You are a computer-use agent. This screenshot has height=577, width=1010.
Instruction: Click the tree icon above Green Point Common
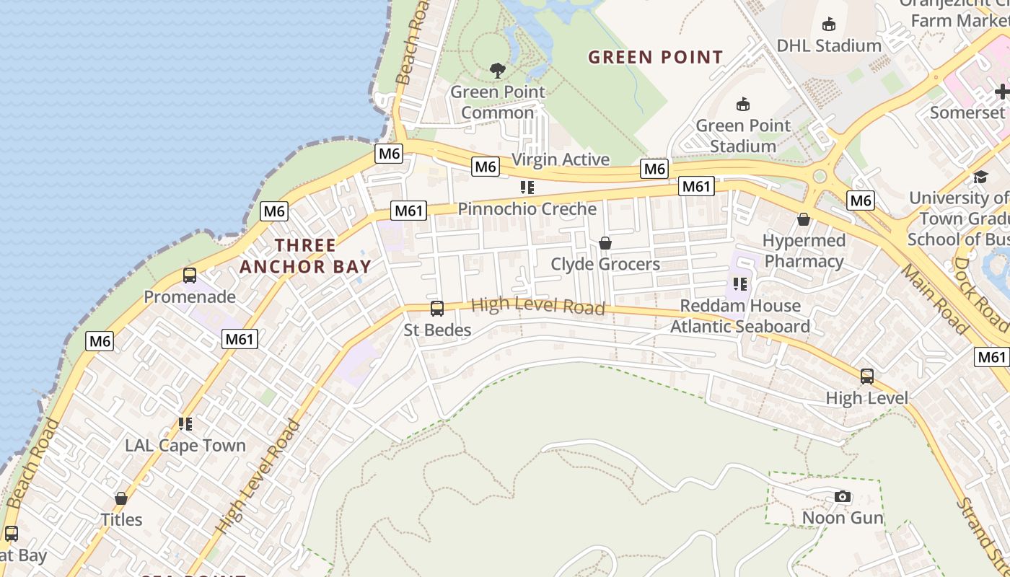pyautogui.click(x=497, y=70)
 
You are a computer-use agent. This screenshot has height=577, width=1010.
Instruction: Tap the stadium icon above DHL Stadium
pyautogui.click(x=828, y=24)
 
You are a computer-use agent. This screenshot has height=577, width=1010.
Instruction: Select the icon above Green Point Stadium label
pyautogui.click(x=742, y=104)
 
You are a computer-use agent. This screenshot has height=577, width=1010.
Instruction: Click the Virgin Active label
pyautogui.click(x=561, y=159)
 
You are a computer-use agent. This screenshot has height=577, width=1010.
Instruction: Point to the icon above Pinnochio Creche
pyautogui.click(x=527, y=188)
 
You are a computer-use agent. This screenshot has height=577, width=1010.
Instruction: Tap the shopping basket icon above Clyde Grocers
pyautogui.click(x=605, y=243)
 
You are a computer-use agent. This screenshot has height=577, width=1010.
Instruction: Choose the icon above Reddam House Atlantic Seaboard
pyautogui.click(x=739, y=284)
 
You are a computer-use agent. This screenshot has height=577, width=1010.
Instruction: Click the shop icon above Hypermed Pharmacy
pyautogui.click(x=804, y=219)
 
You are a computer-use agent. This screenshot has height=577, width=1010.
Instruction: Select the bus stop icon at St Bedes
pyautogui.click(x=436, y=309)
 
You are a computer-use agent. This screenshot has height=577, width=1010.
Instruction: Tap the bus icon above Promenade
pyautogui.click(x=190, y=276)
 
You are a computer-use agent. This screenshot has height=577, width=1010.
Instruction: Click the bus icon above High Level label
pyautogui.click(x=866, y=376)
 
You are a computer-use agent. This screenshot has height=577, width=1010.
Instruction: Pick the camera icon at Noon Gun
pyautogui.click(x=842, y=497)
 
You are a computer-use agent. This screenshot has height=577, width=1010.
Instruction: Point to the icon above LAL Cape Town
pyautogui.click(x=185, y=424)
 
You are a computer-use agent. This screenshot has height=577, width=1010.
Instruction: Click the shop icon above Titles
pyautogui.click(x=121, y=498)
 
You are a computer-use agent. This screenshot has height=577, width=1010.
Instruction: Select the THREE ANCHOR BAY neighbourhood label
pyautogui.click(x=305, y=256)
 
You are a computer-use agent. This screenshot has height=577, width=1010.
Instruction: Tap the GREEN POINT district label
pyautogui.click(x=655, y=58)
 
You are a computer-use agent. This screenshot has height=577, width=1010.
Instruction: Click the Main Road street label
pyautogui.click(x=936, y=299)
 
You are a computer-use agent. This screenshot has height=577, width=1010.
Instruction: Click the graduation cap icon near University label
pyautogui.click(x=980, y=177)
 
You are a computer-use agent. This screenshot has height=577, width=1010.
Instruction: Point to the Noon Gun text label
pyautogui.click(x=843, y=518)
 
